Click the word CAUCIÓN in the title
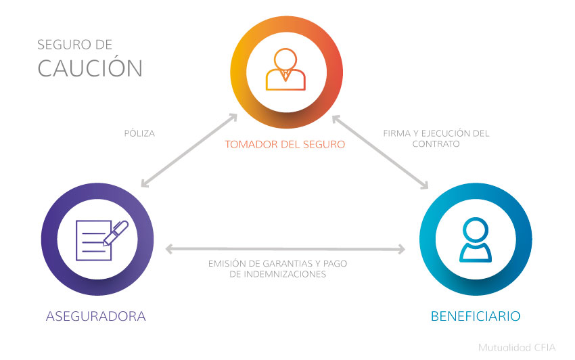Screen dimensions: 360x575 (x=90, y=68)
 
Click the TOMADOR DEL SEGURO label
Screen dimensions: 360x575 (x=285, y=144)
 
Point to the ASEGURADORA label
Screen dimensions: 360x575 (x=96, y=316)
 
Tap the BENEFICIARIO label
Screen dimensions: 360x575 (x=476, y=316)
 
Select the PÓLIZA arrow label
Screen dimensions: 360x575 (x=139, y=133)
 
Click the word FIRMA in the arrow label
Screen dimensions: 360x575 (x=395, y=133)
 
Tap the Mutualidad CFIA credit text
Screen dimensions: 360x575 (x=517, y=348)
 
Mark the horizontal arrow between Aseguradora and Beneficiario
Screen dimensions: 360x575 (x=285, y=249)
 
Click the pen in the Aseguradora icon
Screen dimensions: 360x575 (x=116, y=231)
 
